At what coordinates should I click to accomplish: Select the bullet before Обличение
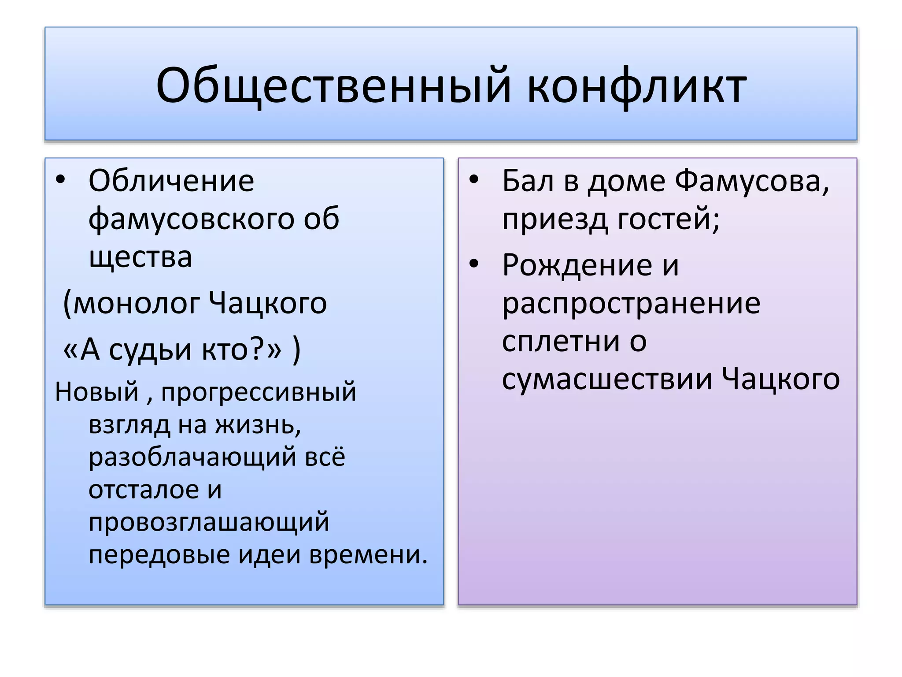coord(60,180)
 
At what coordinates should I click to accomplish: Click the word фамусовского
coord(191,219)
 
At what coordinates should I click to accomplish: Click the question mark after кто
coord(256,350)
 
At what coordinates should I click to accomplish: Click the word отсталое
coord(143,490)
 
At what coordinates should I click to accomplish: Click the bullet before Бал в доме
coord(473,180)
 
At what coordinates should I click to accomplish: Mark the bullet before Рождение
coord(473,264)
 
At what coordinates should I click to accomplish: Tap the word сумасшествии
coord(607,379)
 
